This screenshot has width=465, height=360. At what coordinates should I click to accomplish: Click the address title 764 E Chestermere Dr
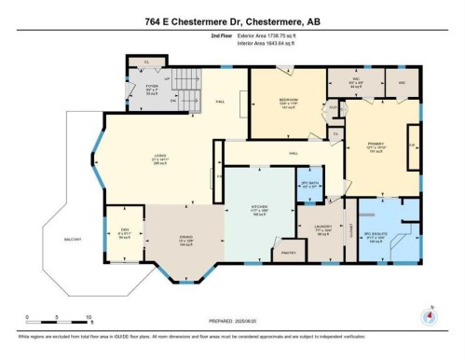(232, 22)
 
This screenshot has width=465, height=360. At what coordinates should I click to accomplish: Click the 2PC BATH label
(310, 182)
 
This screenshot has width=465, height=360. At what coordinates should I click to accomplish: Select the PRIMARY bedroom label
(375, 145)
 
